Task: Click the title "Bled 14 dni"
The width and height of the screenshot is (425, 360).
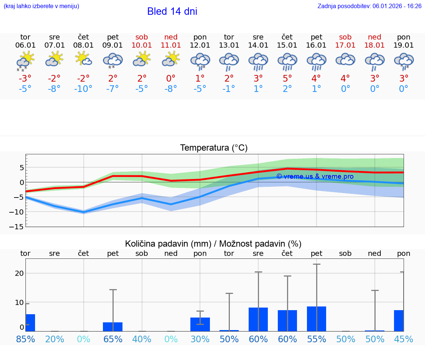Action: [172, 11]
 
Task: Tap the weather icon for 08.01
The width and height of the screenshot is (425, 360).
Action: [83, 59]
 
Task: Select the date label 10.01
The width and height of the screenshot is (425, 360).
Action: [142, 45]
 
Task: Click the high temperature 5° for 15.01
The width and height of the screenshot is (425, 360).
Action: [287, 78]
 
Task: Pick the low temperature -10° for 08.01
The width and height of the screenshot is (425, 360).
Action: [83, 89]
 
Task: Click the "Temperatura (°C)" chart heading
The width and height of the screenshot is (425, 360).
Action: [214, 148]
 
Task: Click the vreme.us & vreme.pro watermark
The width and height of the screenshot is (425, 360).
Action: [315, 176]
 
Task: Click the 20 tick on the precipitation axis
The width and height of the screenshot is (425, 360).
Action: [19, 273]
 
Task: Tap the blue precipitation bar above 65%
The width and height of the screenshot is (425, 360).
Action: [113, 327]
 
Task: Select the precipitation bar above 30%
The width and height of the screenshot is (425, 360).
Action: [200, 324]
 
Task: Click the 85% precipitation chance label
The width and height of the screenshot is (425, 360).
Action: [25, 339]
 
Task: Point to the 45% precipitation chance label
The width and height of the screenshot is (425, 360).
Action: [404, 339]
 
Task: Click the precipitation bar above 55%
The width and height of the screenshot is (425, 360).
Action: [316, 319]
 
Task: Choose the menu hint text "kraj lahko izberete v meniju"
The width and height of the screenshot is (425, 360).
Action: [41, 6]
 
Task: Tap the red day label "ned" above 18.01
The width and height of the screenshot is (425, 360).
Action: [374, 37]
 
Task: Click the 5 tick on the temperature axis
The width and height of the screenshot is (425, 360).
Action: [22, 168]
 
